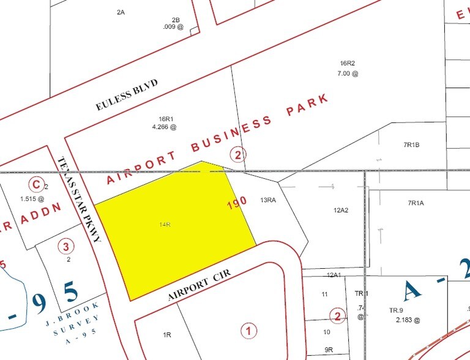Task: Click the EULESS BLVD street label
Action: click(x=127, y=95)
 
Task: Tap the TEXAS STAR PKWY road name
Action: click(x=79, y=199)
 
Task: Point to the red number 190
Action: click(x=237, y=204)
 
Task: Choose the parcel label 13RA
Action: click(x=269, y=200)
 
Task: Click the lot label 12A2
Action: click(x=341, y=210)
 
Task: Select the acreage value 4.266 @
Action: click(x=164, y=127)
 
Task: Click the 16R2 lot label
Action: click(x=348, y=64)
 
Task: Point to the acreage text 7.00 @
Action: click(x=347, y=73)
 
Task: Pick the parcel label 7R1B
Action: click(x=412, y=144)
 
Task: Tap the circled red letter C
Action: click(x=36, y=183)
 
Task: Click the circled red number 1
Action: click(x=248, y=331)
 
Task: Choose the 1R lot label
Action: click(x=166, y=335)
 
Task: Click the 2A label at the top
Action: click(x=121, y=12)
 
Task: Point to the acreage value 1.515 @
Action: click(x=32, y=198)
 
